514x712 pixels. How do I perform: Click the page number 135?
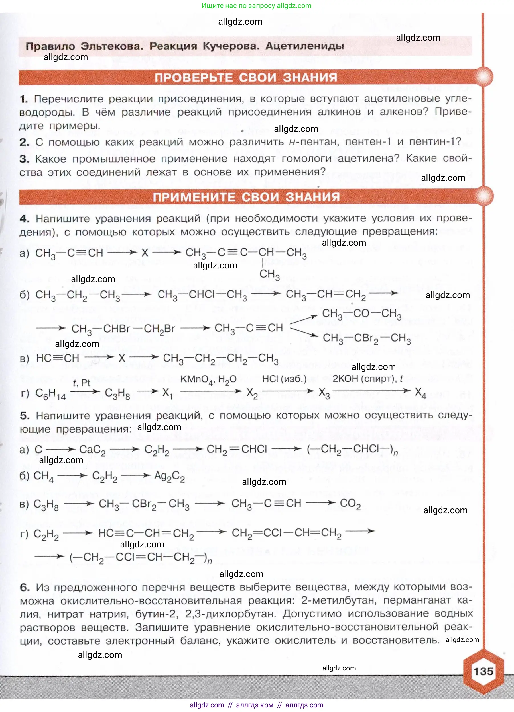point(483,671)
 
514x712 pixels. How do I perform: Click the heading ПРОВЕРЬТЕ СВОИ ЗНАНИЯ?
point(245,77)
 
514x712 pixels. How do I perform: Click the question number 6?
point(25,587)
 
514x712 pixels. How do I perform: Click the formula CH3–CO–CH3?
point(361,314)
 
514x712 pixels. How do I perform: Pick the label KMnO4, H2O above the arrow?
point(208,379)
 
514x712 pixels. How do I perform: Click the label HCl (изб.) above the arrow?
point(284,379)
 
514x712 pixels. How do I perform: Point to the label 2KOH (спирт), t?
point(367,379)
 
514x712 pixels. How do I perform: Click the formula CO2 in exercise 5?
point(350,504)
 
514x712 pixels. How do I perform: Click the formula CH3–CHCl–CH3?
point(202,295)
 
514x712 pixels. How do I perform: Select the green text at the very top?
point(256,6)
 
